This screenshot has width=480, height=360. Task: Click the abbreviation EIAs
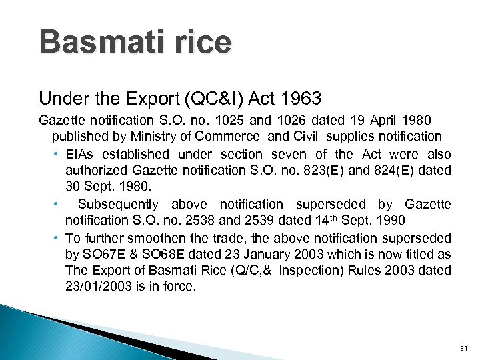[x=80, y=154]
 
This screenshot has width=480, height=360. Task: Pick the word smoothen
[x=147, y=238]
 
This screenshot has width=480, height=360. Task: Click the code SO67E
[x=100, y=255]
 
